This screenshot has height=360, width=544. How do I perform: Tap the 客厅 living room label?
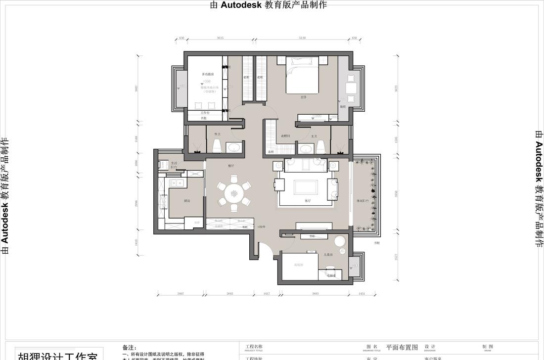307,201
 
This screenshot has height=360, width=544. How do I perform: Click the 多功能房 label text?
207,74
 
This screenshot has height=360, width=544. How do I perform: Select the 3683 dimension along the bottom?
315,294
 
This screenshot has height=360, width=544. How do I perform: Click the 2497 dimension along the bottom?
181,294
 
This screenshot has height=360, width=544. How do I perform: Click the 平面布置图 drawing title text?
402,347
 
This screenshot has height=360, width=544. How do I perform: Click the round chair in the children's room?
340,242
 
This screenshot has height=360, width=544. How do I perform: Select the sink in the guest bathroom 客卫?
234,147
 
